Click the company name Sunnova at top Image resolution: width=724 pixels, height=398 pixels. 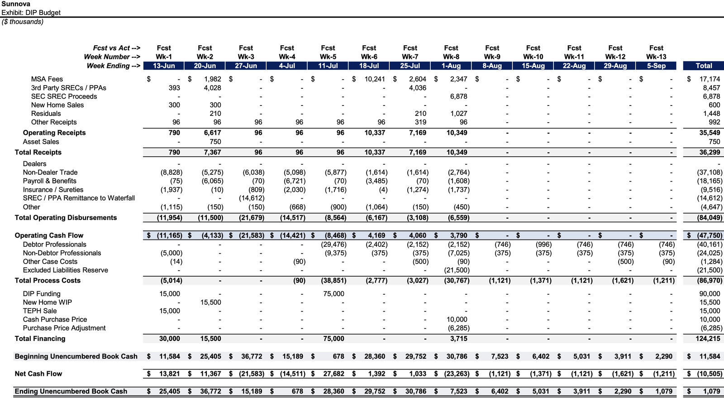coord(16,4)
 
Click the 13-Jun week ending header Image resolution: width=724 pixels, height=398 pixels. coord(164,66)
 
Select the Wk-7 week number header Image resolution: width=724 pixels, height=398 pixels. coord(410,57)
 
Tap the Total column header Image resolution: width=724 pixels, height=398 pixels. coord(704,66)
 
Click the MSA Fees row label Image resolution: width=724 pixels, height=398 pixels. coord(47,79)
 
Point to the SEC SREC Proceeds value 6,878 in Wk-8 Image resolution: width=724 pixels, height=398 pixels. coord(458,96)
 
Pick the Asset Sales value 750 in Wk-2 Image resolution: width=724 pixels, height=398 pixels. coord(215,142)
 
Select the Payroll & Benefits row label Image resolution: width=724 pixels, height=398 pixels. coord(50,181)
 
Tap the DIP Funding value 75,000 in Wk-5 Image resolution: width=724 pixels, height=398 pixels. coord(333,294)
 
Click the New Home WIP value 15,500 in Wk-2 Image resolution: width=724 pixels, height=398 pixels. coord(210,302)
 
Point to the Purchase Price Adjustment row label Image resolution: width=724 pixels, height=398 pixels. coord(64,328)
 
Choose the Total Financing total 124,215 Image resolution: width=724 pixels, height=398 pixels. coord(708,339)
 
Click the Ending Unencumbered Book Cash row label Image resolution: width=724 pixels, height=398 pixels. coord(71,391)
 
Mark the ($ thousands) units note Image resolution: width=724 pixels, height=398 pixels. coord(23,22)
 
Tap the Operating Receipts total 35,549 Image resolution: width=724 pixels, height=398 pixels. coord(709,133)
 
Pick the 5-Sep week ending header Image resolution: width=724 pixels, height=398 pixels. coord(656,66)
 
